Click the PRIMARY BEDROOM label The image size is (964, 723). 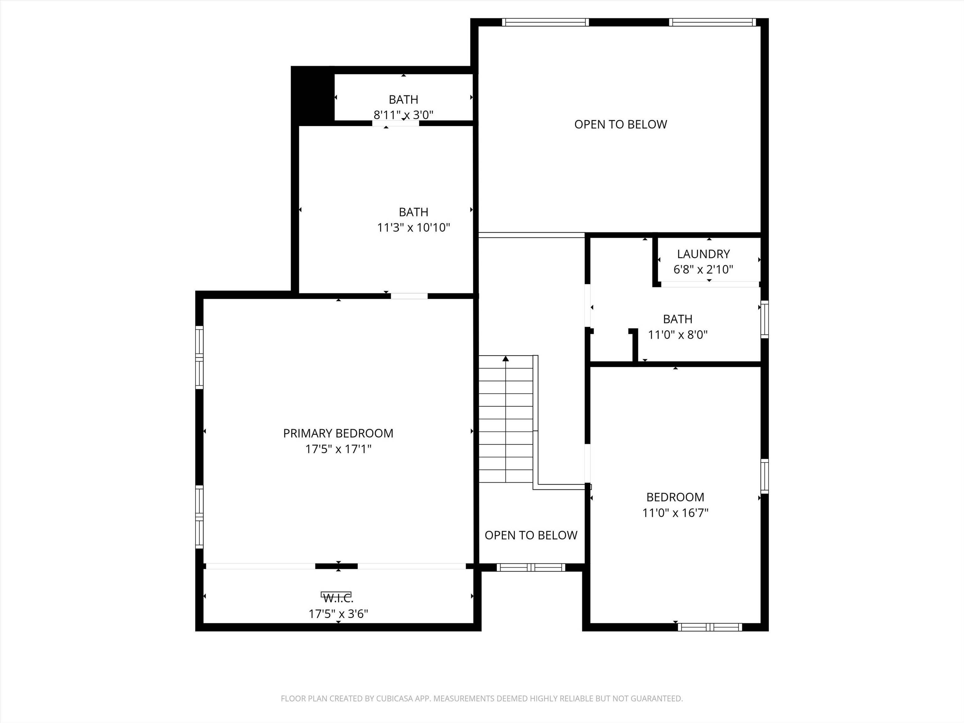(x=338, y=433)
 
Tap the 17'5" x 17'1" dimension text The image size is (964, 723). (x=338, y=449)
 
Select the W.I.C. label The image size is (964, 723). (x=338, y=598)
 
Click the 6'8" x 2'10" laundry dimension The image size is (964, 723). (x=703, y=269)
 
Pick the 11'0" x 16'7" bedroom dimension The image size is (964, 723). (x=675, y=512)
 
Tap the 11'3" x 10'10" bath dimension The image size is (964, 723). (x=413, y=228)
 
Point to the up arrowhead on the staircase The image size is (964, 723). (x=506, y=359)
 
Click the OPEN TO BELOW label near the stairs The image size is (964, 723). (x=531, y=535)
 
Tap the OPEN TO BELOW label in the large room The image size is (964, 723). (x=620, y=125)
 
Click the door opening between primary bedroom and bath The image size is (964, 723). (x=409, y=296)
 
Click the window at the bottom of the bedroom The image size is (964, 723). (x=710, y=627)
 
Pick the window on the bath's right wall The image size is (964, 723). (x=764, y=319)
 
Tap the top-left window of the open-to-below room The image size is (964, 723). (x=545, y=22)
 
